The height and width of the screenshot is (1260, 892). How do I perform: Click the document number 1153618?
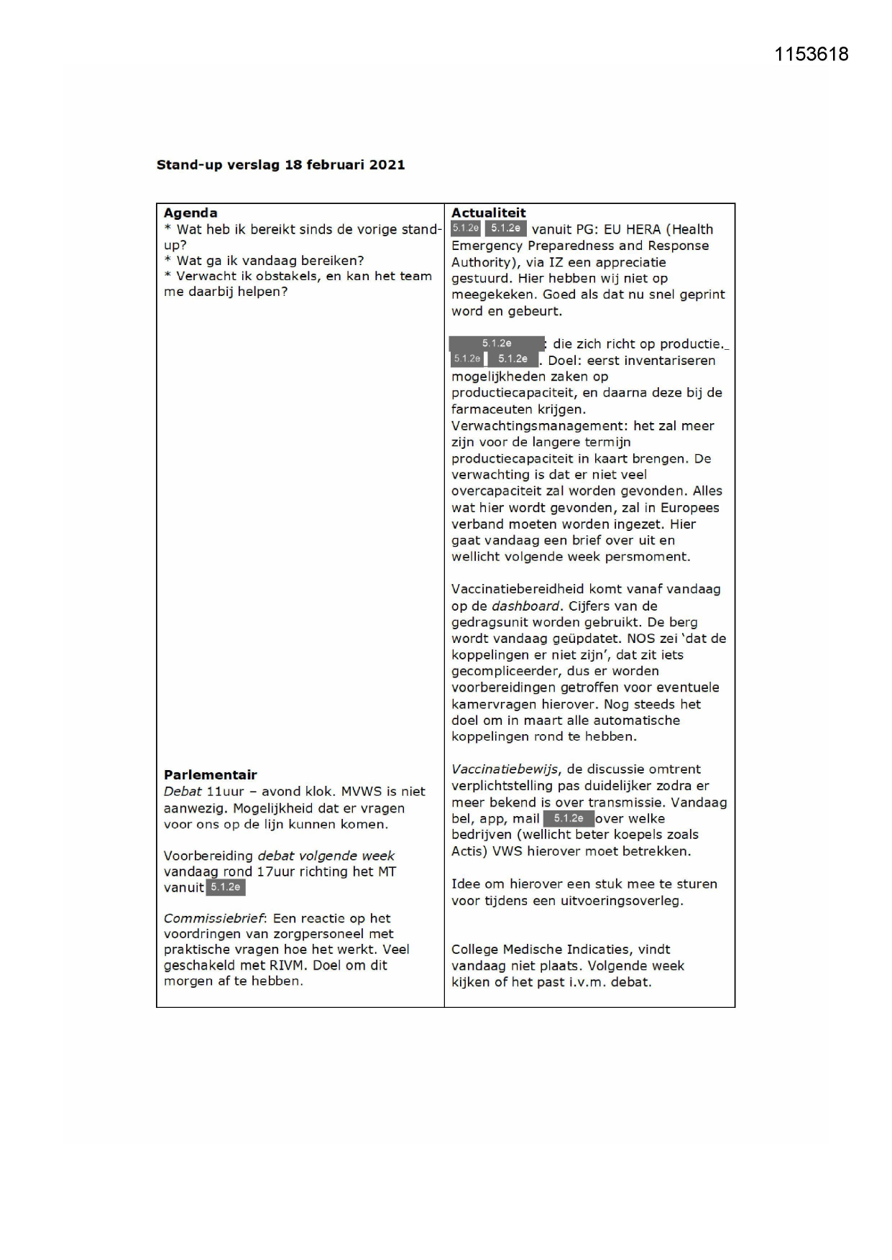coord(811,55)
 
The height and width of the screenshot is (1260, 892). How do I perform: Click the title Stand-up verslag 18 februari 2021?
coord(280,165)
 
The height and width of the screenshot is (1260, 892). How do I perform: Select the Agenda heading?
coord(190,213)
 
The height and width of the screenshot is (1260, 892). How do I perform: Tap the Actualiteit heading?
coord(488,213)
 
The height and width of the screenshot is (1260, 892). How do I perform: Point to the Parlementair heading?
coord(210,774)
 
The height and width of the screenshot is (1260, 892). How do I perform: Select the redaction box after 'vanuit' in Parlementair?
coord(226,888)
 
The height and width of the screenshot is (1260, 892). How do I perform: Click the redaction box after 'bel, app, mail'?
coord(569,818)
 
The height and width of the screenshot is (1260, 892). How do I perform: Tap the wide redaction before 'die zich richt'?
coord(497,343)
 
